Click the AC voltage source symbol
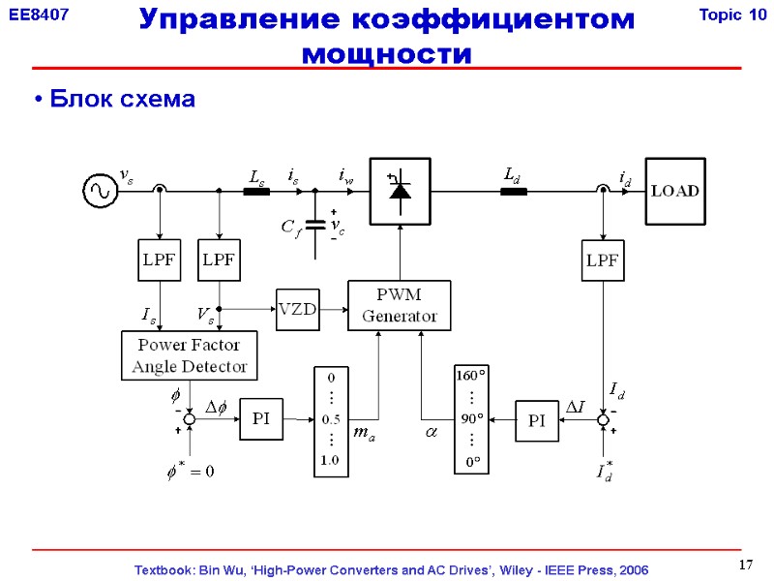coord(100,191)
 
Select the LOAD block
coord(674,191)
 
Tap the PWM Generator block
coord(399,305)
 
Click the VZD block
coord(297,309)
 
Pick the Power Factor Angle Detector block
coord(189,355)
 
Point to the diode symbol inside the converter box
coord(399,191)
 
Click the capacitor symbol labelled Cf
coord(315,225)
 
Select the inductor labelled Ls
coord(256,192)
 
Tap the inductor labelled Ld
coord(513,192)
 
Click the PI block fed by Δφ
coord(261,419)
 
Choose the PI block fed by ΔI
coord(537,420)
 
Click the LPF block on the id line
coord(604,260)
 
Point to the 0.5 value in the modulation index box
coord(330,419)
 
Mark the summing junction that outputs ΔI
coord(603,419)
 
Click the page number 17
coord(745,566)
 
